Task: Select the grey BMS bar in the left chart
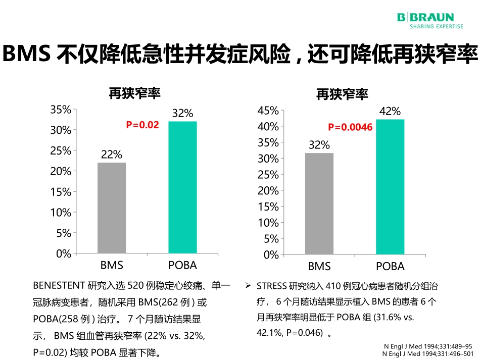(x=112, y=208)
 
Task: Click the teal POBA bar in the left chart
(x=182, y=187)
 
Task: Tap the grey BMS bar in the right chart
(x=319, y=203)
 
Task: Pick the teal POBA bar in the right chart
(x=390, y=187)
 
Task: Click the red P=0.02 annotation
(x=142, y=125)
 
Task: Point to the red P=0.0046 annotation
(x=350, y=128)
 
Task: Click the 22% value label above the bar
(x=112, y=155)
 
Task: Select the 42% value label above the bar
(x=390, y=112)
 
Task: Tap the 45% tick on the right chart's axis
(x=268, y=111)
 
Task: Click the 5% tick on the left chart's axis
(x=63, y=233)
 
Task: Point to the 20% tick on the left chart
(x=61, y=171)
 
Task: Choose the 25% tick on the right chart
(x=268, y=175)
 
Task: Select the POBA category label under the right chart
(x=390, y=267)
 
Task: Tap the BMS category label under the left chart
(x=112, y=265)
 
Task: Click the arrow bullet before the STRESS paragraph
(x=248, y=286)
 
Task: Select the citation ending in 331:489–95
(x=428, y=347)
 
